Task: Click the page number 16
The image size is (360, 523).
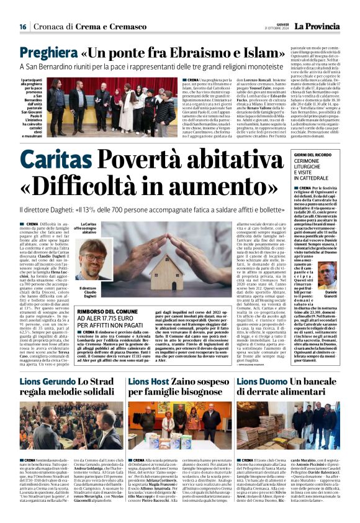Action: pyautogui.click(x=22, y=27)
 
